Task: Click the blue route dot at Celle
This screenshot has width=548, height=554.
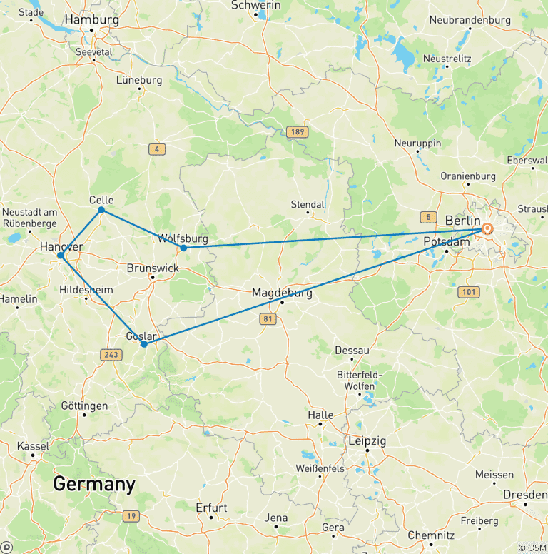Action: coord(101,210)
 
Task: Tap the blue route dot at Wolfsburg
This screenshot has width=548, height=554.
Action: coord(183,248)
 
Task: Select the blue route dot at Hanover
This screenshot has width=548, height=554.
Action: coord(61,255)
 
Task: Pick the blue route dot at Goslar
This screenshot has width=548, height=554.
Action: coord(144,344)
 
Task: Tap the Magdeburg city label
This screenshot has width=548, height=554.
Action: coord(282,293)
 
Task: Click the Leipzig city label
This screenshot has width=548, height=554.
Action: coord(367,441)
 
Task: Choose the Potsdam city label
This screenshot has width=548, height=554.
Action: coord(447,242)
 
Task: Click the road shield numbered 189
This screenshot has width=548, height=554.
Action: coord(297,132)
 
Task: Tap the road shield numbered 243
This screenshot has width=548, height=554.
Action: coord(111,356)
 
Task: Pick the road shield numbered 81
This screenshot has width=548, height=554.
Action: coord(268,319)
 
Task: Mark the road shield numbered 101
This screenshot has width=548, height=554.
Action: coord(469,292)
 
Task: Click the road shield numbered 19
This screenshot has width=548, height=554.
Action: coord(130,516)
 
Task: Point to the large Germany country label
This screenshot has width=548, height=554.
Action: coord(94,485)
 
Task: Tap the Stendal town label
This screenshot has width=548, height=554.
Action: coord(308,204)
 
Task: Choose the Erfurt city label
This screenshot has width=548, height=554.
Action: coord(211,508)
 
